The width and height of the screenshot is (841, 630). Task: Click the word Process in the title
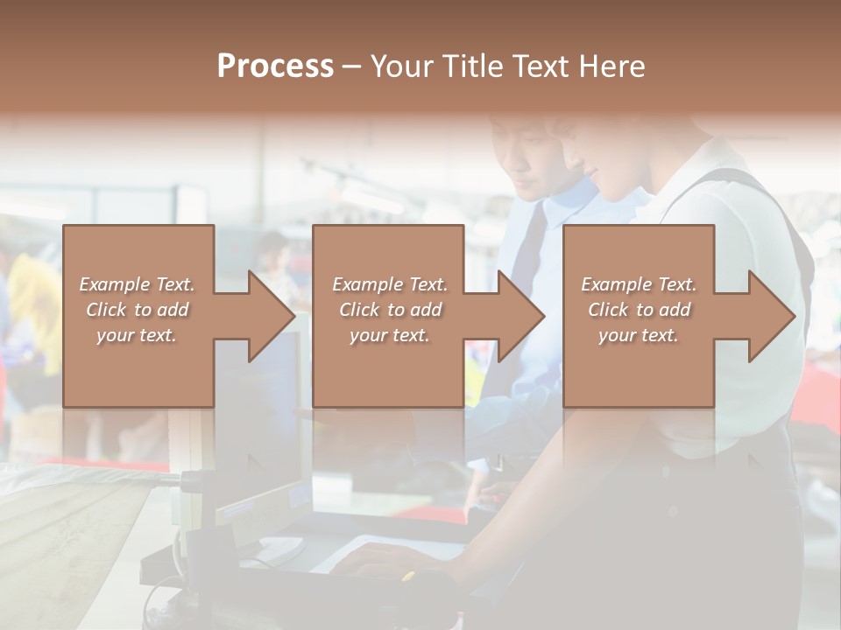click(275, 66)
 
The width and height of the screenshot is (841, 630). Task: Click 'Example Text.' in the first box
click(137, 284)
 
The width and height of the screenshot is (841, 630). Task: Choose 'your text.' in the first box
click(137, 335)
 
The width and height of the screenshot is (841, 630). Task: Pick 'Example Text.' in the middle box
click(390, 284)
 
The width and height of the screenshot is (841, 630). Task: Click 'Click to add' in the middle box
click(390, 310)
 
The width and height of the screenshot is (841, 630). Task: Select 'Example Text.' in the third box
click(639, 284)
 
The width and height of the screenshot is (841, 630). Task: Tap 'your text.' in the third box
click(639, 335)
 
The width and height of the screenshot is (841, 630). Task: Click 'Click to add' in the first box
click(137, 310)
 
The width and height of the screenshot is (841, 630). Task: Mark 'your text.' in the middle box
click(390, 335)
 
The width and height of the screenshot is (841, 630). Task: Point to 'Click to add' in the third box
click(639, 310)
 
